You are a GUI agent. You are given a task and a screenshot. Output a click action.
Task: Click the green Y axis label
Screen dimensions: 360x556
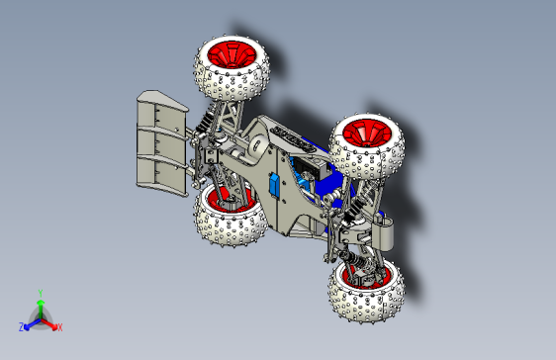pyautogui.click(x=40, y=292)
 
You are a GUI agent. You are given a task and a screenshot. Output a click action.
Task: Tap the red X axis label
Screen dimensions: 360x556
pyautogui.click(x=59, y=326)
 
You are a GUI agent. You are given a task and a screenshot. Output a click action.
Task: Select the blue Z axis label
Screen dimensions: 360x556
pyautogui.click(x=22, y=326)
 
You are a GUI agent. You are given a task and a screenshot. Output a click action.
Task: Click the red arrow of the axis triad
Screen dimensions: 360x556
pyautogui.click(x=50, y=321)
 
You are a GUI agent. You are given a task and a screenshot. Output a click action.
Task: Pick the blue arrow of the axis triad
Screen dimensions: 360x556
pyautogui.click(x=31, y=322)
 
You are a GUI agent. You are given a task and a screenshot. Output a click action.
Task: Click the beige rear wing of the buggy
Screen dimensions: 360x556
pyautogui.click(x=158, y=143)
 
